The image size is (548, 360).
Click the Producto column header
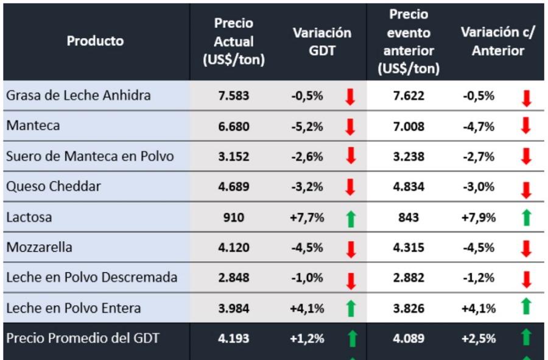[95, 41]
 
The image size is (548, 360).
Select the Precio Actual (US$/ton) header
[234, 41]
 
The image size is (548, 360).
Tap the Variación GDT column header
[321, 41]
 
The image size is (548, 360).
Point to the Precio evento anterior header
[409, 41]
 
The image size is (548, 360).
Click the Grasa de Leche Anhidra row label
[79, 96]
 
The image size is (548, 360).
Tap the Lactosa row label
[29, 217]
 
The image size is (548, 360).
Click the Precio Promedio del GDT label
[83, 337]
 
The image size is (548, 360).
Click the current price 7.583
[234, 96]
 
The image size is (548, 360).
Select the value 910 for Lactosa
[234, 217]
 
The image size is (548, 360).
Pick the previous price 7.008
[409, 127]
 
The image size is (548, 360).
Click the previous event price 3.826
[409, 308]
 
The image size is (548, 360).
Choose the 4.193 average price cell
[234, 338]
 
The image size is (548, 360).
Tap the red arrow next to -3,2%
[350, 187]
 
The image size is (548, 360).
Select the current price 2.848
[234, 278]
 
